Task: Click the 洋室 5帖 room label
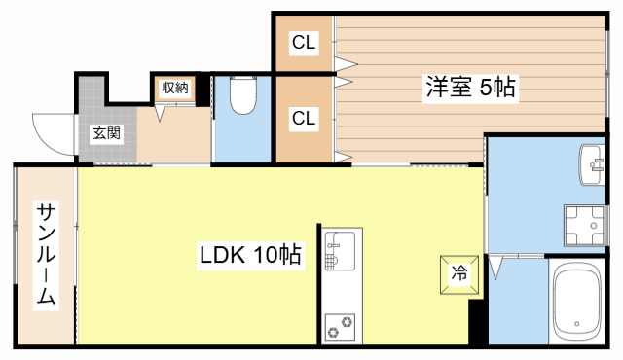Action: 469,87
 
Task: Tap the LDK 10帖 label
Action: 250,256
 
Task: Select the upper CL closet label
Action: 304,44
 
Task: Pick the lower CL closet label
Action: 304,119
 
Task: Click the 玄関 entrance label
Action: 107,133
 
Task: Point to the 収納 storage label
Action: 174,88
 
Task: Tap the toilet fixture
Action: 241,96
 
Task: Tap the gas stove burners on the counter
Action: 342,328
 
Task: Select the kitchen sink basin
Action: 342,250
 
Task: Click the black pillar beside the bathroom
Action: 477,324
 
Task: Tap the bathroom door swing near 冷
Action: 497,264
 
